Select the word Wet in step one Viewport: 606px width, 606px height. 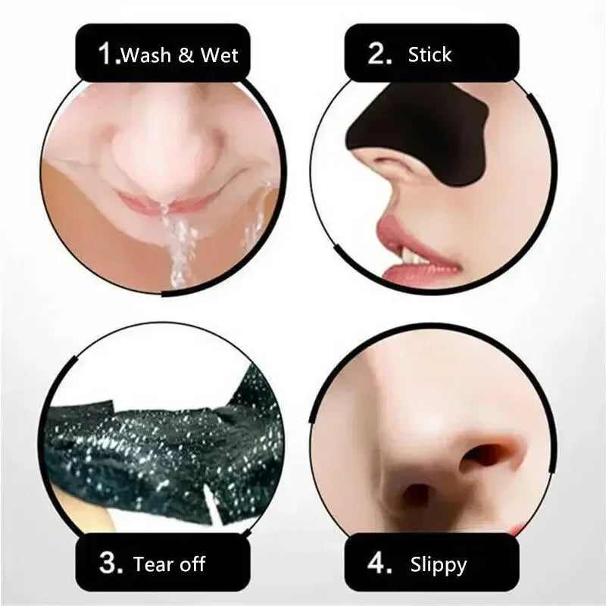click(220, 55)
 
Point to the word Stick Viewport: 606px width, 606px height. click(430, 55)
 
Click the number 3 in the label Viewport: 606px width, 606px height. click(108, 564)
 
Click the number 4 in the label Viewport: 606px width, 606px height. click(379, 564)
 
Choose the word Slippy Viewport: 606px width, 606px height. click(439, 565)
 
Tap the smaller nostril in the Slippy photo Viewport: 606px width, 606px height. click(416, 496)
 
